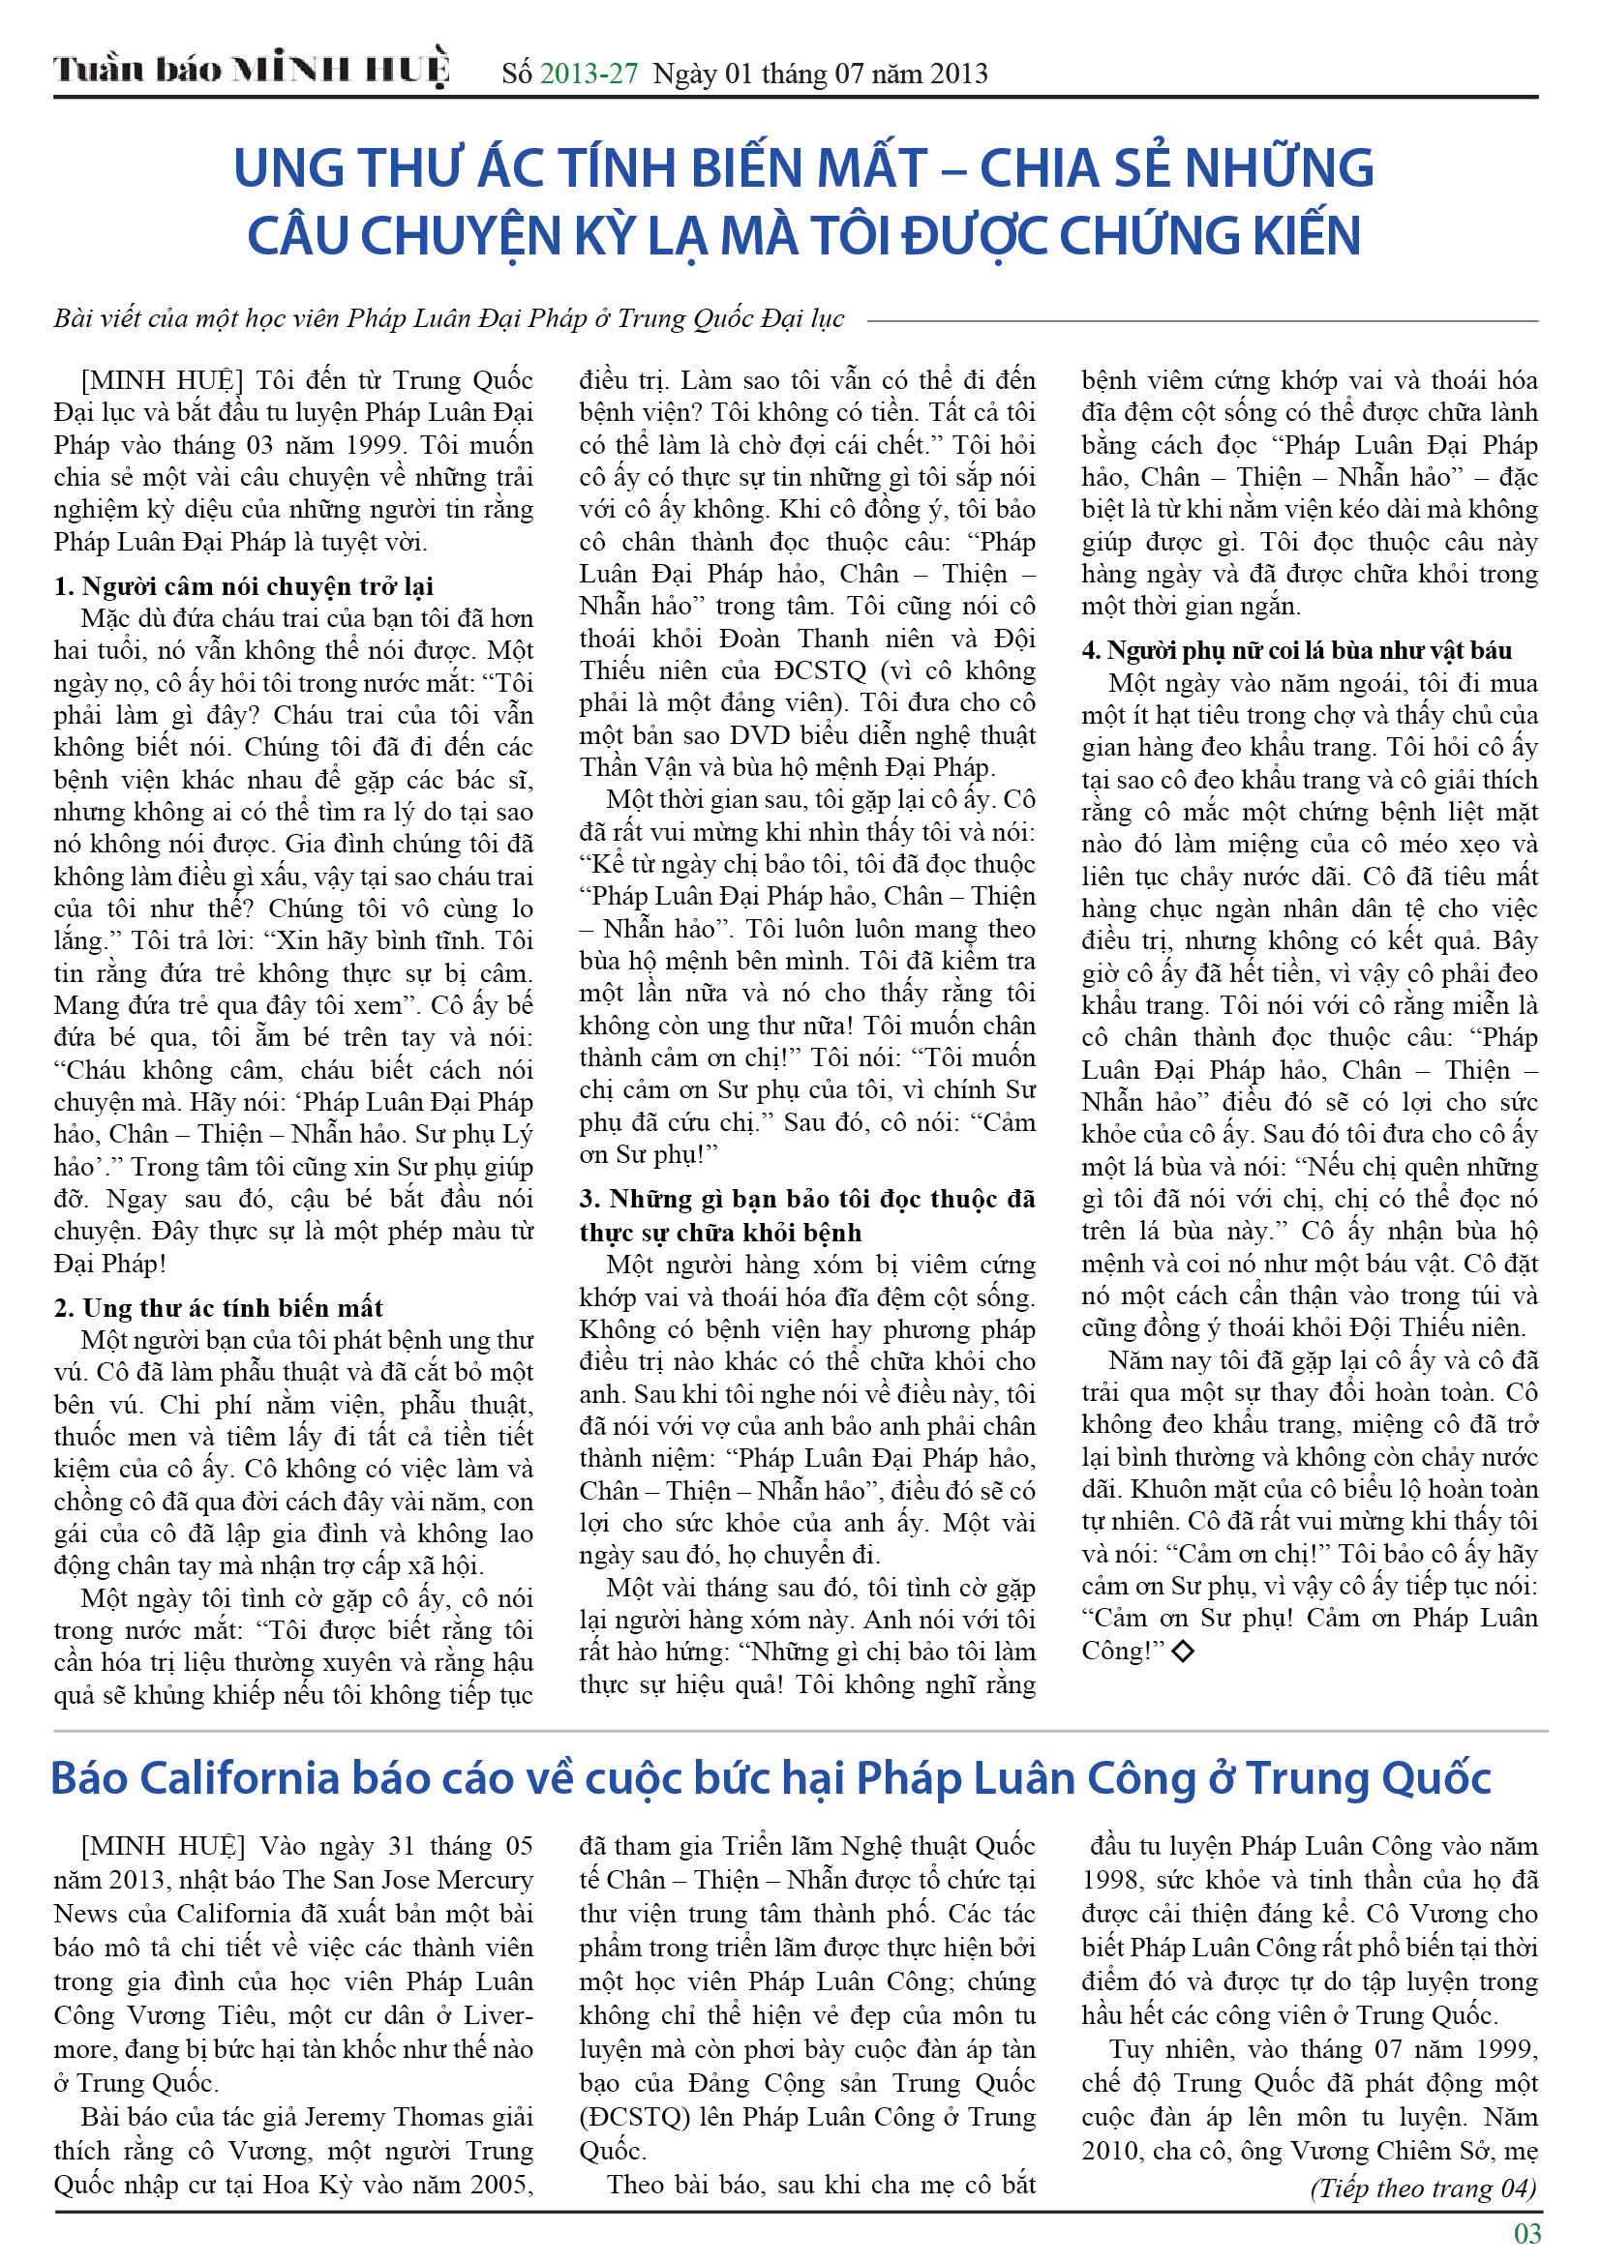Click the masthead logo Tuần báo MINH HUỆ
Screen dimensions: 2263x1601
tap(252, 70)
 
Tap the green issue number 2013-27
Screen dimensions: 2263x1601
tap(589, 73)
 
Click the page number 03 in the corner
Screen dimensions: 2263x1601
tap(1527, 2232)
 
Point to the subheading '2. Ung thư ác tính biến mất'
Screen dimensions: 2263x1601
tap(218, 1307)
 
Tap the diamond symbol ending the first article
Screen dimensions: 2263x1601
tap(1183, 1650)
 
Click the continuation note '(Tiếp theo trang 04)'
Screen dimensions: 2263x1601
tap(1423, 2189)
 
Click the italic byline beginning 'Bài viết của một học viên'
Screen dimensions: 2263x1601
tap(448, 318)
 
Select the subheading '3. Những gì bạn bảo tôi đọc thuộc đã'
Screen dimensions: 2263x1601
tap(806, 1199)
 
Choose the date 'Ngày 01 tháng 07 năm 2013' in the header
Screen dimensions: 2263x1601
tap(819, 73)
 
